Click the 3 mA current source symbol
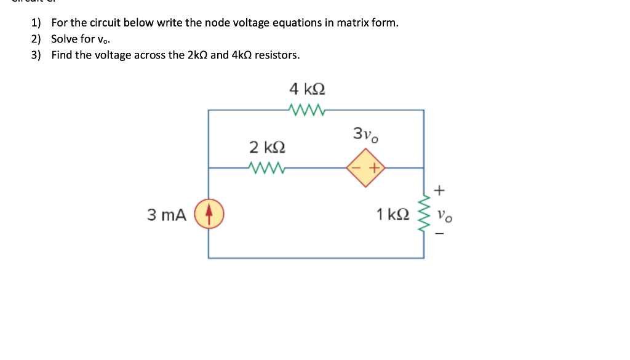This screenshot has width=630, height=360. tap(209, 214)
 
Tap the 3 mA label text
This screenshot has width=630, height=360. tap(166, 215)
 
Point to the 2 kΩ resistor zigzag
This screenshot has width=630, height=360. tap(266, 167)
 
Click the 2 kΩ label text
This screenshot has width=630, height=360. tap(267, 147)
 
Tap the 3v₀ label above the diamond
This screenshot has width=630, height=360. tap(365, 134)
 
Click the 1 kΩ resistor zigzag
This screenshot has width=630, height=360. tap(424, 214)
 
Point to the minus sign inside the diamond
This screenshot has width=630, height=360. tap(357, 167)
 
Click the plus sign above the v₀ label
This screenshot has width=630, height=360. tap(439, 191)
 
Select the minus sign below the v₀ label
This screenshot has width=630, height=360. tap(439, 233)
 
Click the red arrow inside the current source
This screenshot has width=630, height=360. tap(209, 213)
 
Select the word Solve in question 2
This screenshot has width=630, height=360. tap(65, 39)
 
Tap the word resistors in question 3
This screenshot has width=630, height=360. tap(277, 55)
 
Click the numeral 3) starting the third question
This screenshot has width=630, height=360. tap(37, 55)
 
